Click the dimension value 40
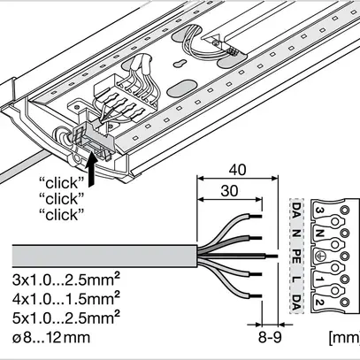coord(237,170)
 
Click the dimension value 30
coord(229,191)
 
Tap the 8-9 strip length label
coord(270,337)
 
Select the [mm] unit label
coord(344,338)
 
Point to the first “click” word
coord(62,183)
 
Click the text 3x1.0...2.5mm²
coord(66,280)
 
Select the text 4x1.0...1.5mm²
coord(66,299)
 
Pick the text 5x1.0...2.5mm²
coord(66,318)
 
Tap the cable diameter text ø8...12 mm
coord(51,338)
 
